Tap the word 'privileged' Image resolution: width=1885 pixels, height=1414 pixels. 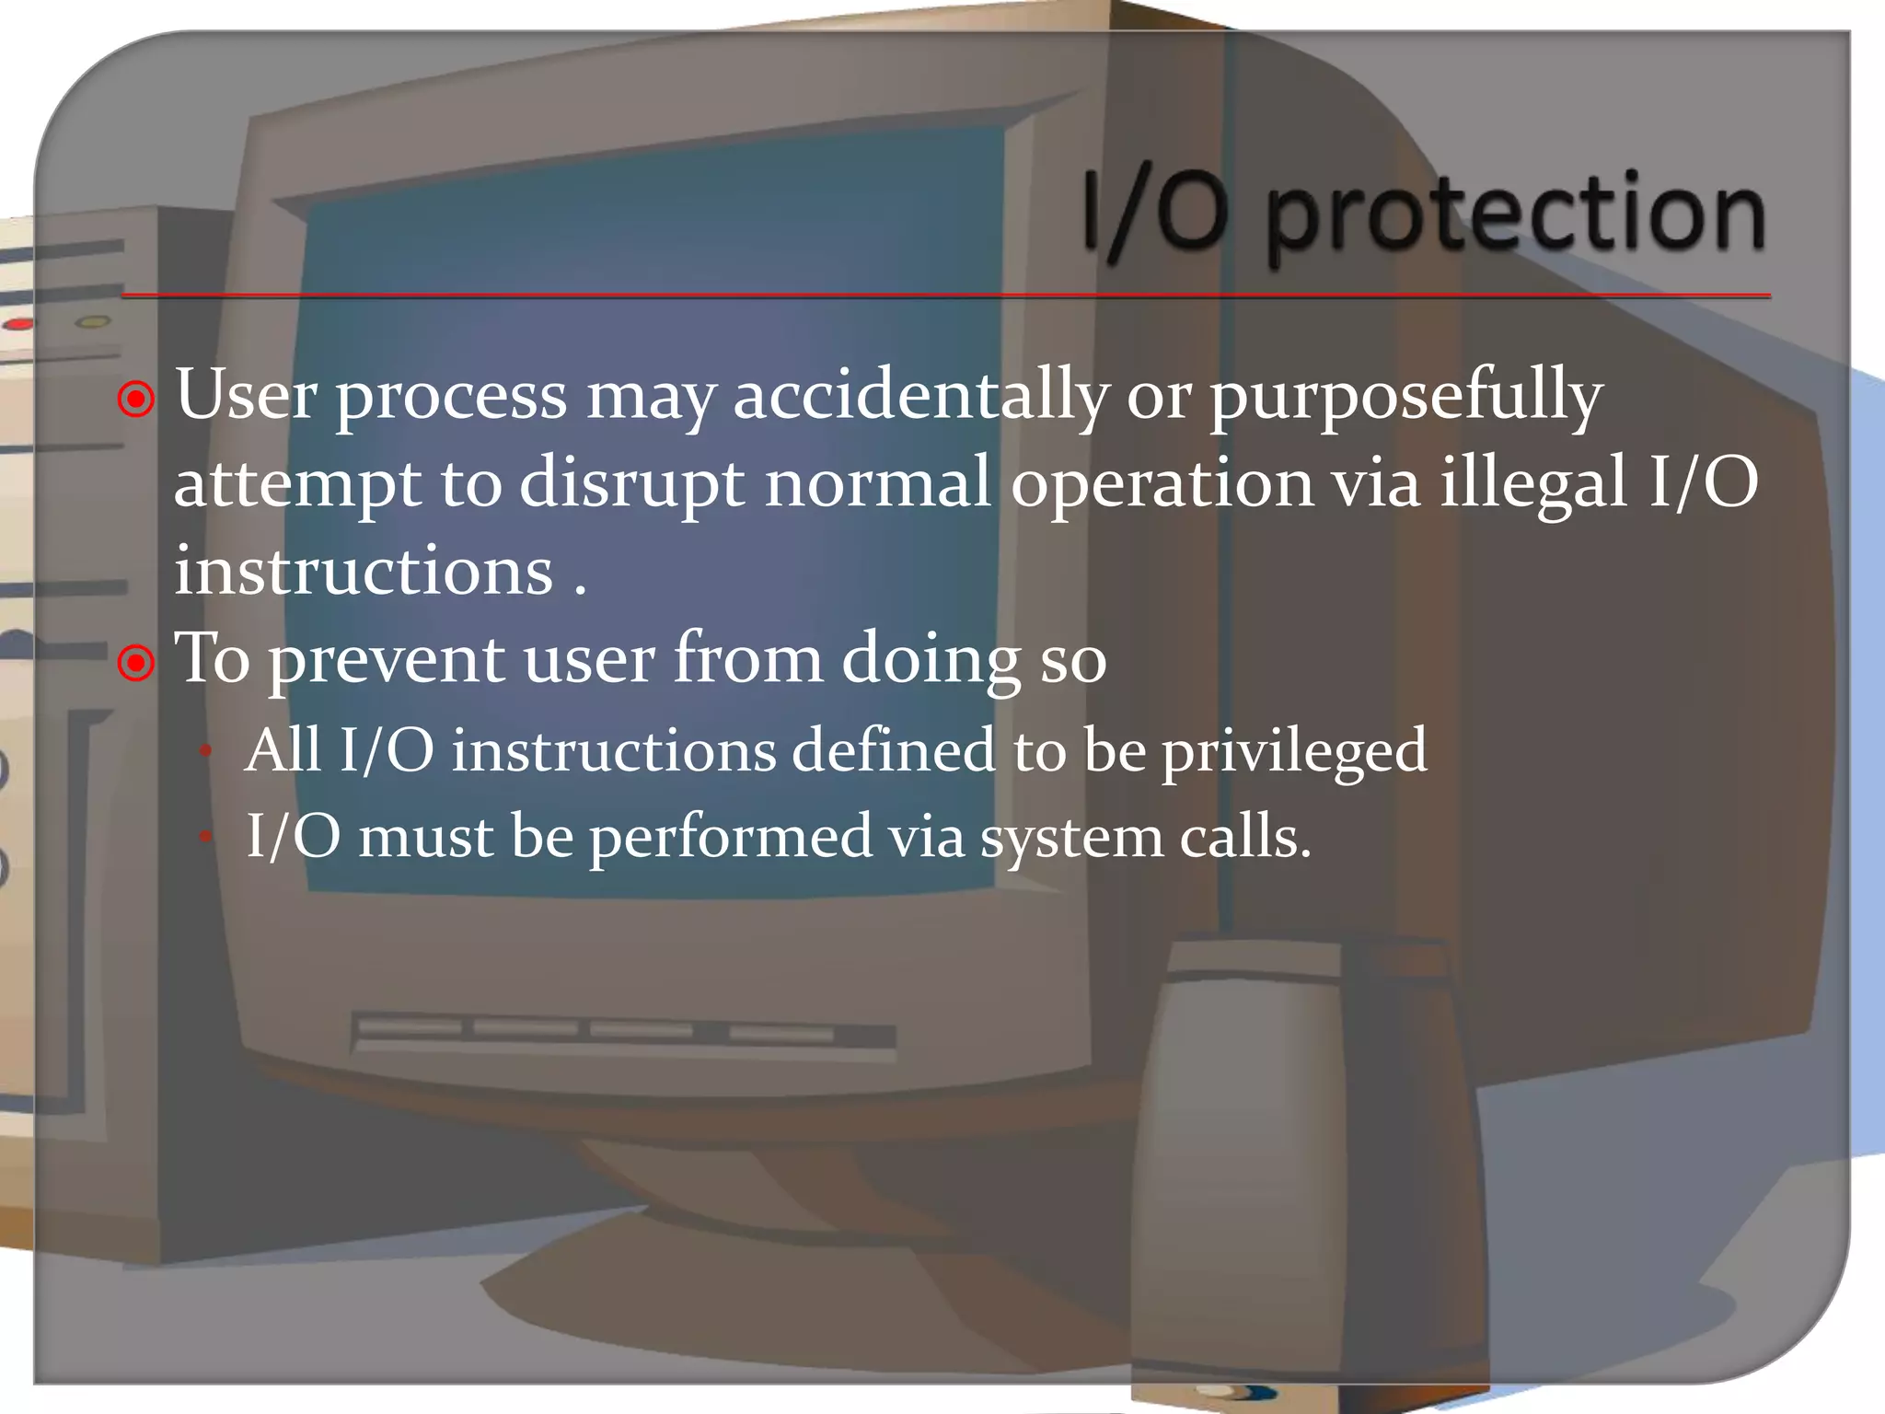point(1294,751)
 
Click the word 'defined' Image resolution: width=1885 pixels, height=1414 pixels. point(893,749)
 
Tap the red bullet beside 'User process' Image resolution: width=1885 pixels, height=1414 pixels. point(137,400)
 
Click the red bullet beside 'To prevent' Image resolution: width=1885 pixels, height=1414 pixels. point(137,662)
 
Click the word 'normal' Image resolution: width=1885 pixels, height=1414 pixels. point(877,482)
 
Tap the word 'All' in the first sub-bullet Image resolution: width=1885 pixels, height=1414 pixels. point(283,749)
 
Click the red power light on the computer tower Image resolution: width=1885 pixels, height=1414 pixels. point(18,324)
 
